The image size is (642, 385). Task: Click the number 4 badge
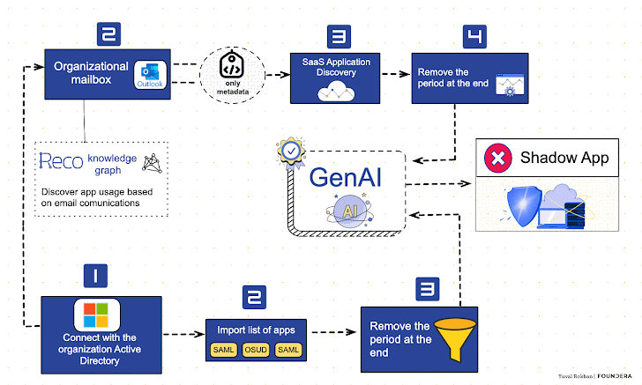point(474,36)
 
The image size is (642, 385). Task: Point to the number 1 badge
point(96,277)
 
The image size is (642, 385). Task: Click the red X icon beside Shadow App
point(498,159)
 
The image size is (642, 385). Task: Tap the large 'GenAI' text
point(347,175)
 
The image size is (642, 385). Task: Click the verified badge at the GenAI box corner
point(289,152)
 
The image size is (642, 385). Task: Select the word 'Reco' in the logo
point(61,160)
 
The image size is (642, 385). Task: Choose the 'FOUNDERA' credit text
point(615,376)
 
